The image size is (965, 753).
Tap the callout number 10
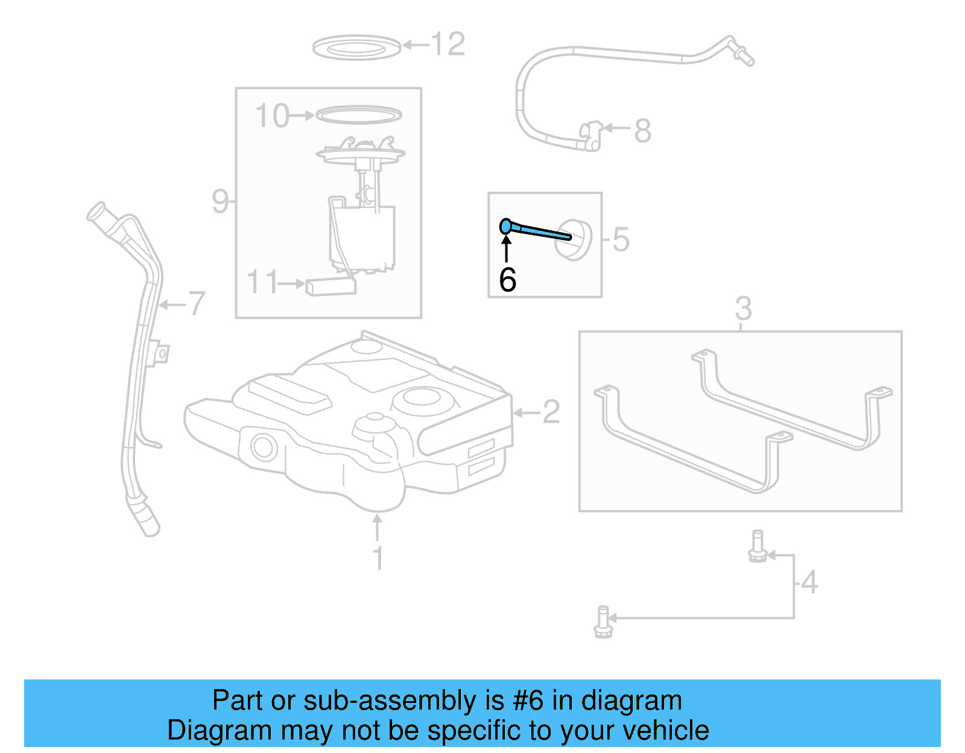click(272, 116)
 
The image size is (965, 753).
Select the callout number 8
click(643, 131)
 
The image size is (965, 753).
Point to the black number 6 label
click(508, 280)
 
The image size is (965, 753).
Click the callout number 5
click(621, 239)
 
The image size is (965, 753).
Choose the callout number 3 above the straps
click(743, 309)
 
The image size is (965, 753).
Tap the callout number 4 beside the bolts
click(809, 582)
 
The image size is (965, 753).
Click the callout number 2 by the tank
click(551, 412)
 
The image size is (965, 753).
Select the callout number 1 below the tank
click(378, 558)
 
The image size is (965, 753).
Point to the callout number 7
click(197, 303)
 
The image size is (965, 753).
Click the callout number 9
click(220, 201)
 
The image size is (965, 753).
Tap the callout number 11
click(263, 282)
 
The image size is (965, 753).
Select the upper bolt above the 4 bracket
click(758, 546)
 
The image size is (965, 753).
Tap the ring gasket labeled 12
click(356, 47)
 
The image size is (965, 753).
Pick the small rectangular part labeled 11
click(331, 286)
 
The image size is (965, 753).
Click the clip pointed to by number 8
click(590, 135)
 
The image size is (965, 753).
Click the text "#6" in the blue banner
click(528, 701)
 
